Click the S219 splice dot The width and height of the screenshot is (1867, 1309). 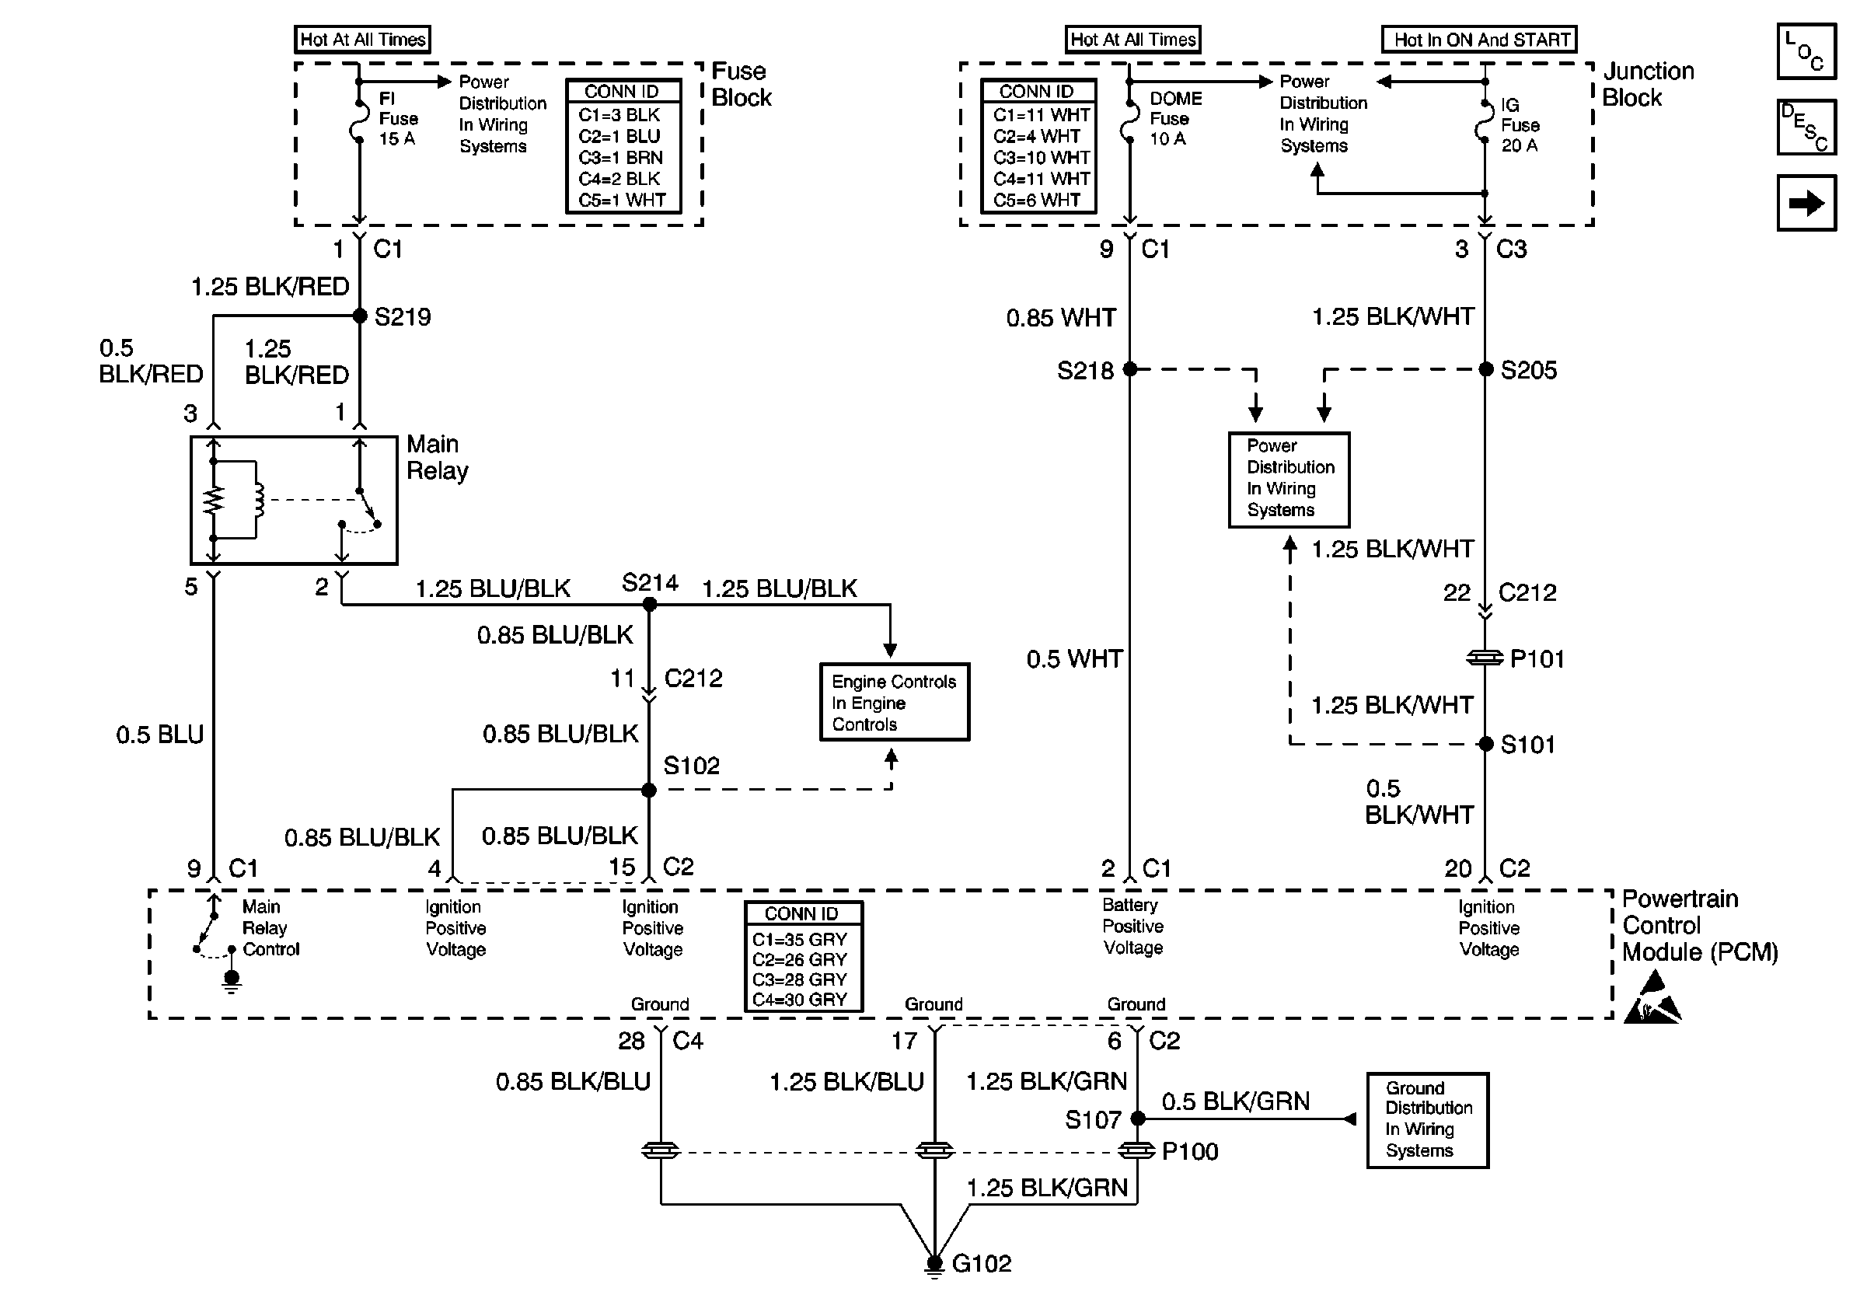pyautogui.click(x=359, y=316)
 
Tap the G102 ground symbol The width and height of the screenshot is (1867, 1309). pyautogui.click(x=934, y=1265)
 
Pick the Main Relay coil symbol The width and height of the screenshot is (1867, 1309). pyautogui.click(x=259, y=500)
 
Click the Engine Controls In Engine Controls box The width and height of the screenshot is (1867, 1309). pyautogui.click(x=895, y=703)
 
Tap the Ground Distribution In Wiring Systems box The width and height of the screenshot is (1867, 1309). pyautogui.click(x=1427, y=1120)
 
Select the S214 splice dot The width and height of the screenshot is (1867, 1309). pyautogui.click(x=650, y=604)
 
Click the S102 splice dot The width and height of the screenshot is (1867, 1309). pyautogui.click(x=649, y=790)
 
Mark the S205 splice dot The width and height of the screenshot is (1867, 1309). pyautogui.click(x=1485, y=370)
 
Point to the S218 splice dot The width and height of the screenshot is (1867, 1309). pyautogui.click(x=1129, y=369)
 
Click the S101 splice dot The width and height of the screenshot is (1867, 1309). pyautogui.click(x=1485, y=744)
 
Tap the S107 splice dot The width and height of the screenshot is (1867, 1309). pyautogui.click(x=1139, y=1119)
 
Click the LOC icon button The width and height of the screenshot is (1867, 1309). pyautogui.click(x=1807, y=51)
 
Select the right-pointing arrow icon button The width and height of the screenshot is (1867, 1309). pyautogui.click(x=1807, y=203)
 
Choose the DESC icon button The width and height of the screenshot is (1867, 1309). pyautogui.click(x=1807, y=127)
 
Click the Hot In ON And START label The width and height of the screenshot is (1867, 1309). pyautogui.click(x=1479, y=39)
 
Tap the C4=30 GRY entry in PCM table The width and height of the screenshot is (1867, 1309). pyautogui.click(x=799, y=999)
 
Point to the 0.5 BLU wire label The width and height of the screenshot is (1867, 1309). pyautogui.click(x=159, y=735)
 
